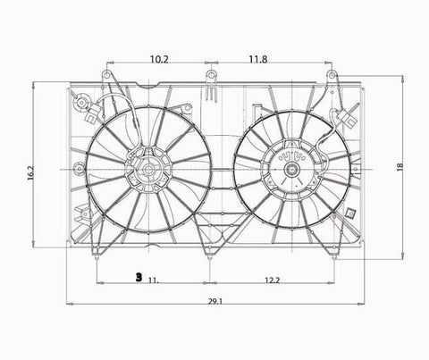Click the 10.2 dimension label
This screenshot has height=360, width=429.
pyautogui.click(x=159, y=60)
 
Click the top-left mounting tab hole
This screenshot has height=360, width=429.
pyautogui.click(x=107, y=74)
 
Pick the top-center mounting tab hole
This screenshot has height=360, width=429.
pyautogui.click(x=210, y=74)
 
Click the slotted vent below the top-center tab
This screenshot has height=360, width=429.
pyautogui.click(x=210, y=91)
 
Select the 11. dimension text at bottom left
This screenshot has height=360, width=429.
pyautogui.click(x=154, y=280)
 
